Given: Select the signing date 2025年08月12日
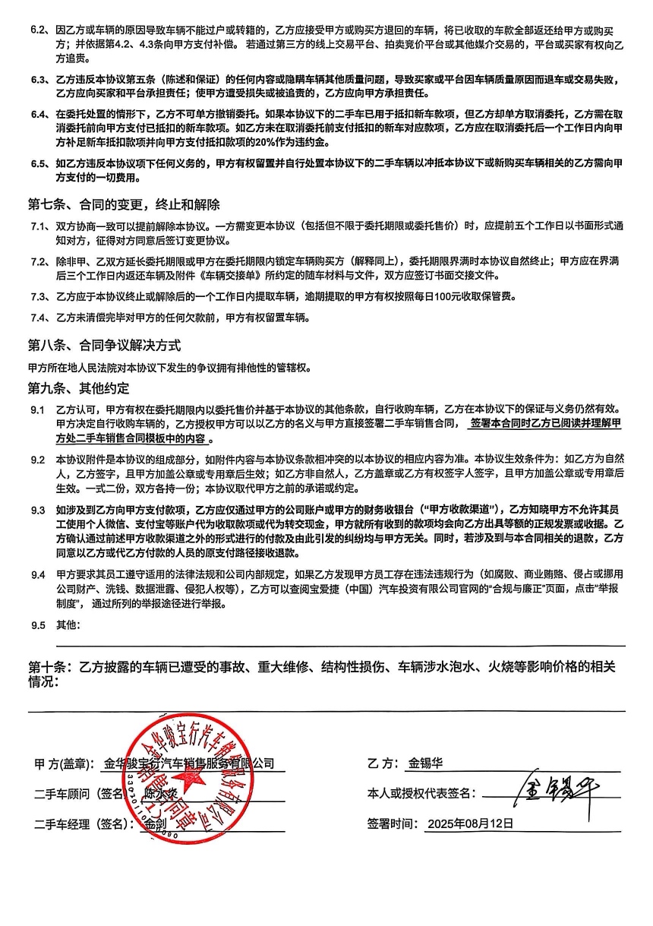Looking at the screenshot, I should pyautogui.click(x=470, y=823).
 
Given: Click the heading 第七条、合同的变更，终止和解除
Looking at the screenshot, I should pyautogui.click(x=124, y=205).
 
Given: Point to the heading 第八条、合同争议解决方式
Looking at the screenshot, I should pyautogui.click(x=104, y=345).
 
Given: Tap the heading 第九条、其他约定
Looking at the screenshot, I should pyautogui.click(x=79, y=388).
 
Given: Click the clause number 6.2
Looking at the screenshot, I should pyautogui.click(x=39, y=30).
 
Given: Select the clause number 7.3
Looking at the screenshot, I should pyautogui.click(x=39, y=295).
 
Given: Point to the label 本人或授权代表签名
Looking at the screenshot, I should pyautogui.click(x=421, y=793).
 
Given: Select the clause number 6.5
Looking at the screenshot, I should pyautogui.click(x=39, y=163).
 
